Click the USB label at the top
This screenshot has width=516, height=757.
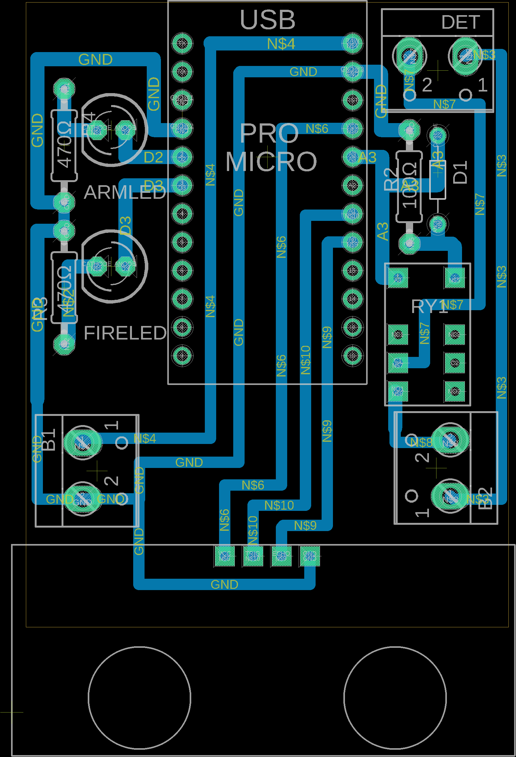click(x=267, y=20)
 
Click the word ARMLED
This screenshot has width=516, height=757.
click(x=125, y=192)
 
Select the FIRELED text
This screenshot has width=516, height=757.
click(x=125, y=333)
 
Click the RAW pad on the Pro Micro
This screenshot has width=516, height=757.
click(x=352, y=43)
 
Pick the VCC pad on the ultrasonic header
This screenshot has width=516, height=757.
click(x=224, y=556)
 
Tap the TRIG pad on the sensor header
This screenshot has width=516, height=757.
click(x=253, y=556)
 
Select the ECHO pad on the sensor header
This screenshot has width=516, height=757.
click(x=281, y=556)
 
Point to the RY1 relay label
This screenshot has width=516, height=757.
click(x=429, y=307)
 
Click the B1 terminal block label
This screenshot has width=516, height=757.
click(x=49, y=440)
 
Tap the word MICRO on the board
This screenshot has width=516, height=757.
click(x=271, y=162)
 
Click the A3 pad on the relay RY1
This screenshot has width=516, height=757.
click(x=398, y=278)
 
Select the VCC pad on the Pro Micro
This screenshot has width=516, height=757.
click(x=352, y=128)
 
